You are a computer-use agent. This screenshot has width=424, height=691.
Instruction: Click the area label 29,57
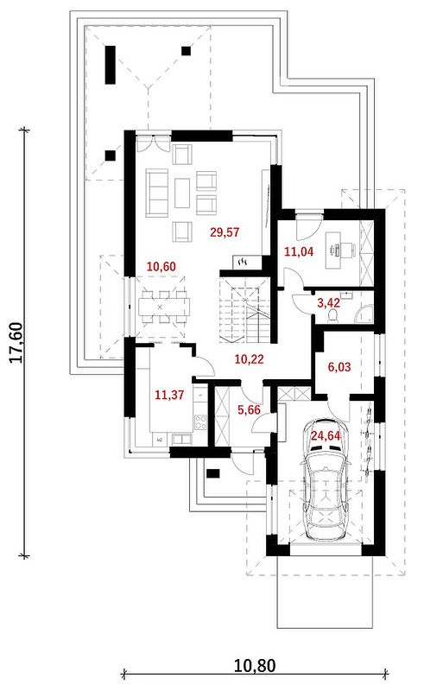click(x=225, y=231)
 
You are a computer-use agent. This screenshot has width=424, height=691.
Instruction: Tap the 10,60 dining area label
click(x=161, y=267)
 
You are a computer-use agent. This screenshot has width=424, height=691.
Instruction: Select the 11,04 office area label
click(x=299, y=251)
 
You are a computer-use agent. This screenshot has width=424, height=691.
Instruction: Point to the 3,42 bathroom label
click(x=329, y=303)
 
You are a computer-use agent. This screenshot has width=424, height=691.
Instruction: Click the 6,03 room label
click(x=339, y=366)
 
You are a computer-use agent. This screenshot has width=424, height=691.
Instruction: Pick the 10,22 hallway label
click(x=249, y=359)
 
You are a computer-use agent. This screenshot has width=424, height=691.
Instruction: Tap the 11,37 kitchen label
click(x=169, y=395)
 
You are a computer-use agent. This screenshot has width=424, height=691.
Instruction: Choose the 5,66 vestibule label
click(x=249, y=409)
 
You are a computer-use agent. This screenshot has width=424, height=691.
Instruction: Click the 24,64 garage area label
click(x=326, y=436)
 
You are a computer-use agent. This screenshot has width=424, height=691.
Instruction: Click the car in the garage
click(x=326, y=479)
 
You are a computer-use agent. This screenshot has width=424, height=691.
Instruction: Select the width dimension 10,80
click(x=254, y=665)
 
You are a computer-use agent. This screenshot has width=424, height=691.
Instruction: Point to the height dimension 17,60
click(x=16, y=342)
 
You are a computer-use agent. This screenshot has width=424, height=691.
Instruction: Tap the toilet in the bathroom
click(x=333, y=315)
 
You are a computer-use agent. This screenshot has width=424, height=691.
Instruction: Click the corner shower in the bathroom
click(x=364, y=314)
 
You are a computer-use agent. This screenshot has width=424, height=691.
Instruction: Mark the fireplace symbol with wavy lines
click(x=242, y=263)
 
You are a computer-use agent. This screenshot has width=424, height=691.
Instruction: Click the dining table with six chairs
click(x=164, y=307)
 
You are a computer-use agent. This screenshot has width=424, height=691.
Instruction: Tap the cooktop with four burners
click(x=200, y=422)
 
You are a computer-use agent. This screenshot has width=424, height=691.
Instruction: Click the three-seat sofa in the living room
click(x=157, y=193)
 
